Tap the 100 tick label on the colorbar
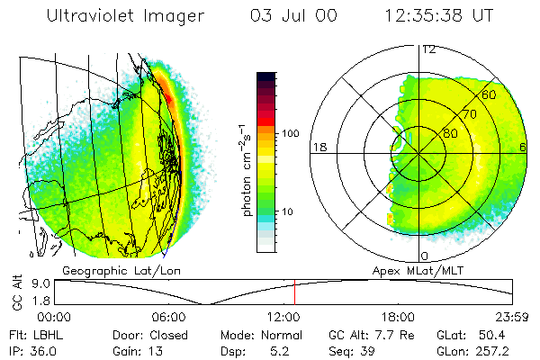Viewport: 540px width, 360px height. click(290, 133)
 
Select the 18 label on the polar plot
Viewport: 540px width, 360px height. click(318, 147)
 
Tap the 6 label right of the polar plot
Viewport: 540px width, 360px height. click(523, 147)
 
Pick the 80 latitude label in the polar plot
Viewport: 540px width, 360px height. click(449, 133)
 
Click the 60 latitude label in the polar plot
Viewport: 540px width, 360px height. click(489, 94)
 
